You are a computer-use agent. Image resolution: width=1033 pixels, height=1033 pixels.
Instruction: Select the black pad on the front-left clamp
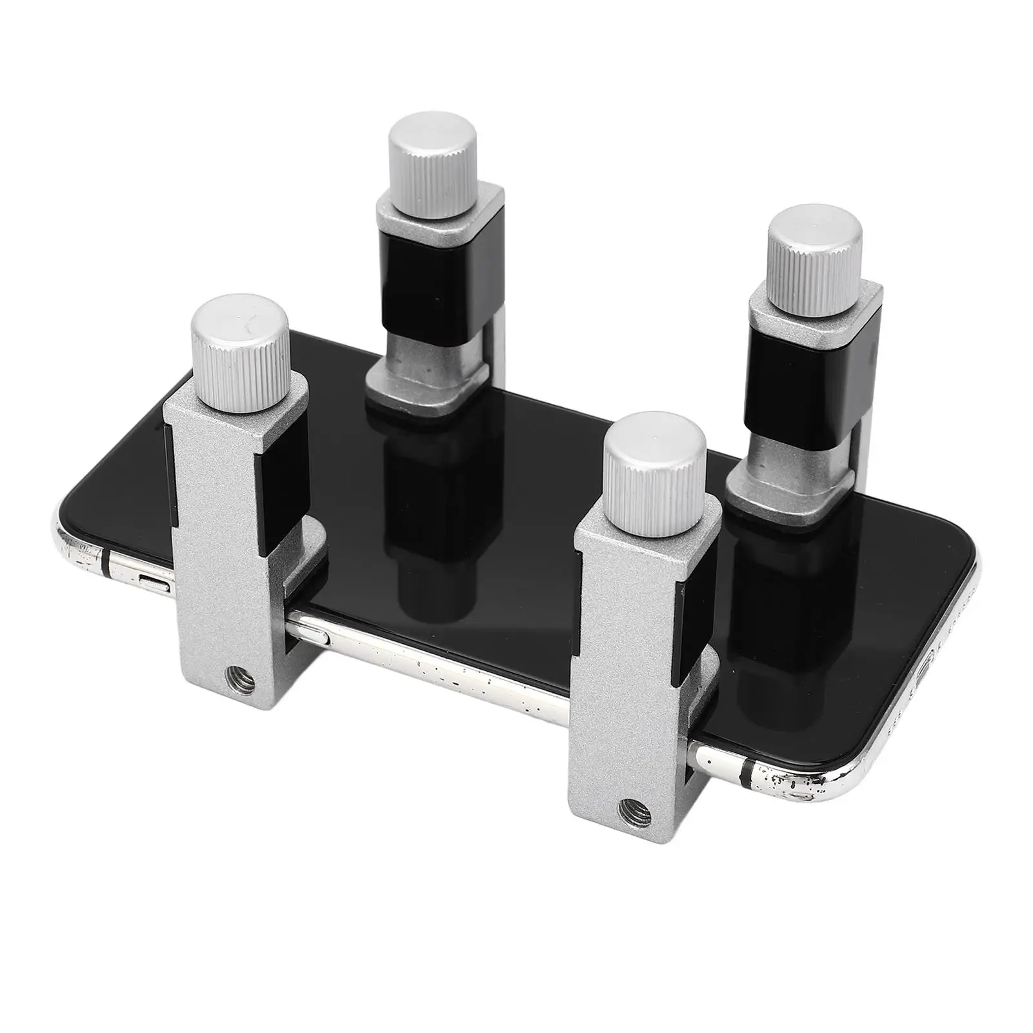[285, 497]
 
